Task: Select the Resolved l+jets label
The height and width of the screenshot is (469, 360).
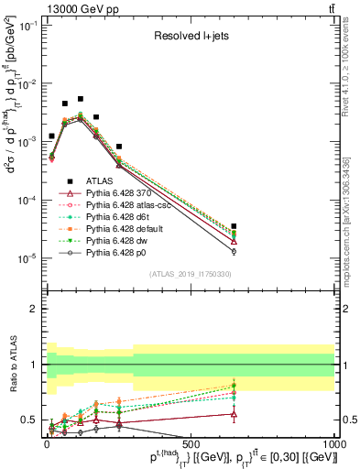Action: [x=191, y=38]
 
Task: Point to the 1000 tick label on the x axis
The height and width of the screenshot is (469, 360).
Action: [x=334, y=442]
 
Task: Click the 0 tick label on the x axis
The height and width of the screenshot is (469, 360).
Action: [x=46, y=442]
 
